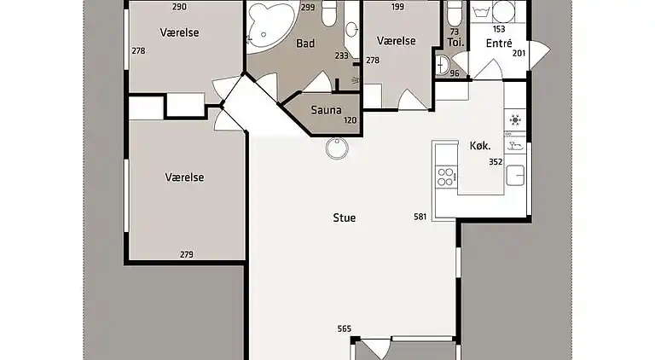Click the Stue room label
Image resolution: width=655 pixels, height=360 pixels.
(344, 218)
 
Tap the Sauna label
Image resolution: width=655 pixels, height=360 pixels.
(326, 109)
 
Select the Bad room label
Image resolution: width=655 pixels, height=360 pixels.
(305, 43)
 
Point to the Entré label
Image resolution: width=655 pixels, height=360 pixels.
(499, 42)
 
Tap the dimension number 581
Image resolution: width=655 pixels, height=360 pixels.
(420, 217)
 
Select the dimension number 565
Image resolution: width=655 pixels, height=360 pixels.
(345, 328)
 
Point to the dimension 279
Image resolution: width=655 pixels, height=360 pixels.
(186, 254)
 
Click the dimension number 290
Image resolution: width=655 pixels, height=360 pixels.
(179, 7)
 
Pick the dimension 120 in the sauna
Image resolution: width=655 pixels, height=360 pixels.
(350, 120)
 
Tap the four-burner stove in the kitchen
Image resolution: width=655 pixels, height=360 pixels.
(445, 177)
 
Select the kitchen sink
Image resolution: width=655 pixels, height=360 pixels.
(516, 176)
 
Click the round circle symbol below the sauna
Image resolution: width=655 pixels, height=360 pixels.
(339, 148)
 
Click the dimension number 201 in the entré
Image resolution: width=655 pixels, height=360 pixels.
(519, 53)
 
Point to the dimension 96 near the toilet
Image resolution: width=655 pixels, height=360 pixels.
(454, 73)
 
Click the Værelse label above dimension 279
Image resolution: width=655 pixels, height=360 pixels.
(185, 177)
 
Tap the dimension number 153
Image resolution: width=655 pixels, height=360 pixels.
(499, 28)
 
